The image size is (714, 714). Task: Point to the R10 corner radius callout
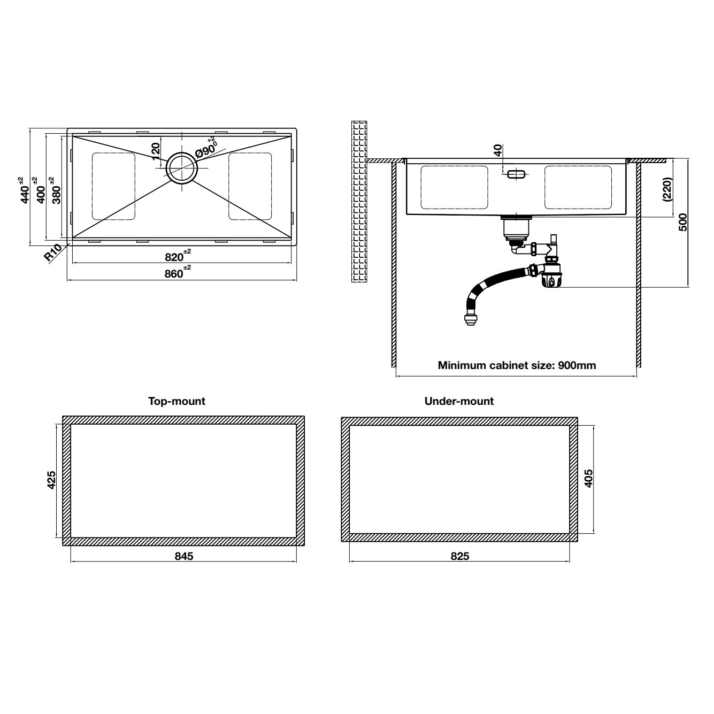coord(52,253)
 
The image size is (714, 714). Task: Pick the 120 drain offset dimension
coord(156,151)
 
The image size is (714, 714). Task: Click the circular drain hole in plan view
coord(182,167)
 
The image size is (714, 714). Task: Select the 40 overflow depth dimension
coord(498,150)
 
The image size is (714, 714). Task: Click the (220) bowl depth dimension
coord(667,189)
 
